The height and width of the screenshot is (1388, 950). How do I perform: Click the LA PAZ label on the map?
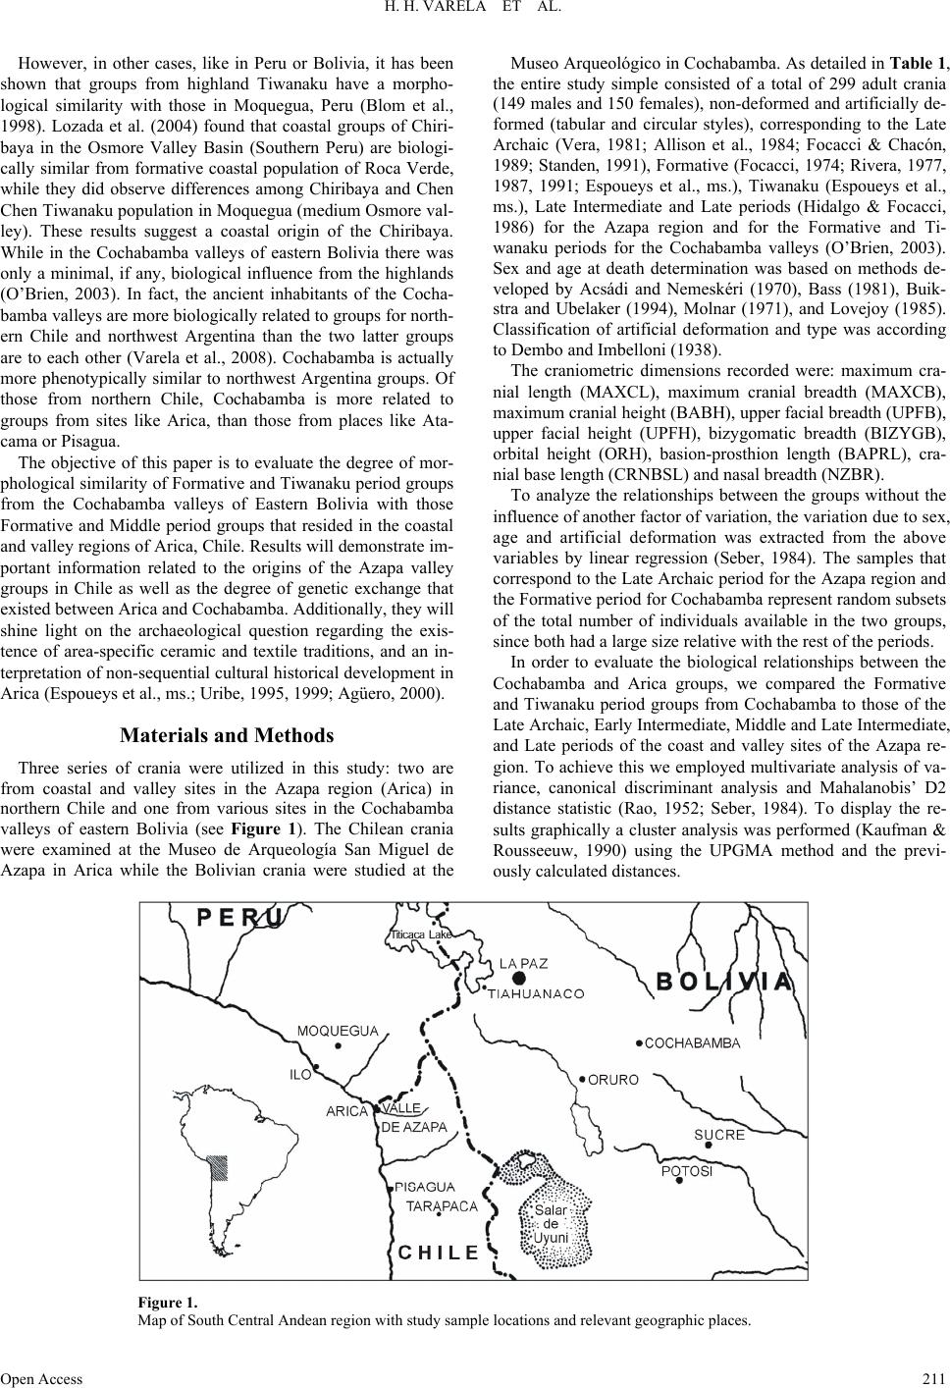pyautogui.click(x=523, y=963)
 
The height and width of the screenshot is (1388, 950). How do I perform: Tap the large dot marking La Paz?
pyautogui.click(x=518, y=979)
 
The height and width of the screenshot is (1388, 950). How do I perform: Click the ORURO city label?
pyautogui.click(x=613, y=1080)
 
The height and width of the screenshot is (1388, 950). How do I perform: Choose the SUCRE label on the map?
pyautogui.click(x=719, y=1135)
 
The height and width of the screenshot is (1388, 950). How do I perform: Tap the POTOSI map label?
pyautogui.click(x=686, y=1171)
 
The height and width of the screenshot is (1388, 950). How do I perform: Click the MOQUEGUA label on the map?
pyautogui.click(x=338, y=1031)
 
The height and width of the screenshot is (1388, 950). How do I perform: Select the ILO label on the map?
pyautogui.click(x=300, y=1075)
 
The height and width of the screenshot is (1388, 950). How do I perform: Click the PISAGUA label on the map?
pyautogui.click(x=425, y=1188)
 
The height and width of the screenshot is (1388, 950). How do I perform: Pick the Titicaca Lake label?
pyautogui.click(x=421, y=934)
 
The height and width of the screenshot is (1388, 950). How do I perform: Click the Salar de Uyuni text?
pyautogui.click(x=551, y=1224)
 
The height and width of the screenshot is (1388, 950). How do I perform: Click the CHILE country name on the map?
pyautogui.click(x=440, y=1253)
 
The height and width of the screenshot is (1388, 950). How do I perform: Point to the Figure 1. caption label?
pyautogui.click(x=169, y=1303)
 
